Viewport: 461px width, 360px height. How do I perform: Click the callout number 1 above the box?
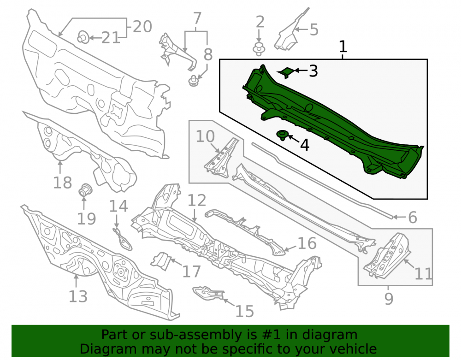pos(343,47)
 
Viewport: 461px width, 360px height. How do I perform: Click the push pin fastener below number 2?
pos(259,49)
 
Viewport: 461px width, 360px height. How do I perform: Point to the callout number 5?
pos(314,30)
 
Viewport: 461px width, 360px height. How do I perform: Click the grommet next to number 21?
pos(83,37)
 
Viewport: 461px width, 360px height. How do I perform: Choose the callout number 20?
pos(142,26)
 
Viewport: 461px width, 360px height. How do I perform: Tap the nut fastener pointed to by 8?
pos(193,81)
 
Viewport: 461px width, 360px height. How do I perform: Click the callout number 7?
pos(197,18)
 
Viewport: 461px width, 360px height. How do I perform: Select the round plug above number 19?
pos(86,189)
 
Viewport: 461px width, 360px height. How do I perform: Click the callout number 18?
pos(62,183)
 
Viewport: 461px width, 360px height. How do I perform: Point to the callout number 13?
pos(78,296)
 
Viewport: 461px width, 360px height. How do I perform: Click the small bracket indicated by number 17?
pos(161,261)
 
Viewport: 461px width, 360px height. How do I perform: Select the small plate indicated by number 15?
pos(208,294)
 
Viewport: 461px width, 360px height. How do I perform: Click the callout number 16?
pos(307,243)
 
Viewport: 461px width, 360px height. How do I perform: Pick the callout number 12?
pos(197,200)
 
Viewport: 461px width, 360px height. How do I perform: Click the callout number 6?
pos(413,218)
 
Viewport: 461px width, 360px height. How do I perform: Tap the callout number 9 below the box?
pos(389,299)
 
